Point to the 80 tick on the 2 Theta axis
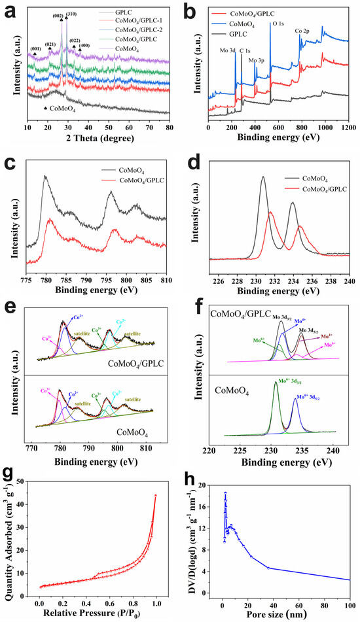coord(170,128)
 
